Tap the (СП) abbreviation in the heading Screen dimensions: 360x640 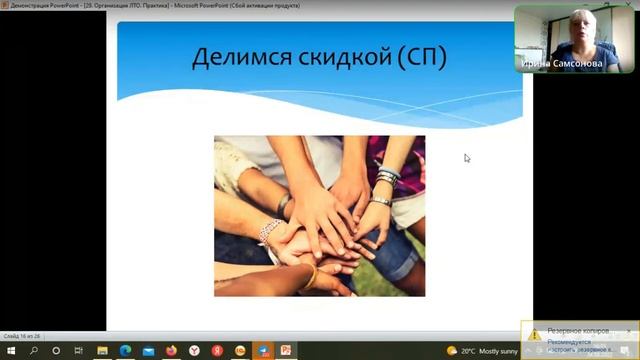pyautogui.click(x=421, y=58)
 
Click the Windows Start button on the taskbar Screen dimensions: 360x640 pyautogui.click(x=9, y=351)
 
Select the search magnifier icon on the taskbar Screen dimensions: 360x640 pyautogui.click(x=33, y=351)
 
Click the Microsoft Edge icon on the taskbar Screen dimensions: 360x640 pyautogui.click(x=125, y=351)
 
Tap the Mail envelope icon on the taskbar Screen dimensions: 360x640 pyautogui.click(x=148, y=351)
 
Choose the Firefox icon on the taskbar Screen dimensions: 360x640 pyautogui.click(x=171, y=351)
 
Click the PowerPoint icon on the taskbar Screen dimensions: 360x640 pyautogui.click(x=286, y=351)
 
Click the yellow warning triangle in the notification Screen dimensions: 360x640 pyautogui.click(x=536, y=334)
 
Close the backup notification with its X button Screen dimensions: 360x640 pyautogui.click(x=629, y=331)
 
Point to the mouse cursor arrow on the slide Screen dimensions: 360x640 pyautogui.click(x=467, y=157)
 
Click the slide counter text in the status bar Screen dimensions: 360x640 pyautogui.click(x=21, y=337)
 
